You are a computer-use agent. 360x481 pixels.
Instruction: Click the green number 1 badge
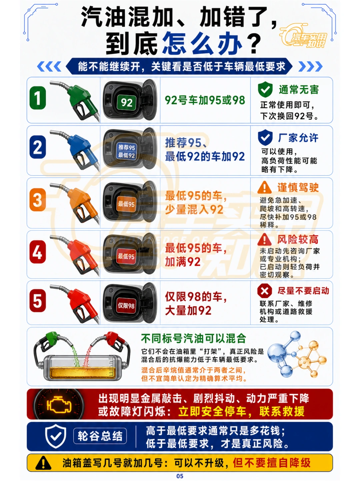click(38, 98)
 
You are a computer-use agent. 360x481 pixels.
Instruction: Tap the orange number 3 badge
click(38, 200)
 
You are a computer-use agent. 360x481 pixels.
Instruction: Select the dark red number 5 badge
click(38, 300)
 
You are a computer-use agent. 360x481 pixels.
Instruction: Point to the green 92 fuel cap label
click(127, 102)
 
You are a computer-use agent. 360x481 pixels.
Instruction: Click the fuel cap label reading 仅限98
click(126, 305)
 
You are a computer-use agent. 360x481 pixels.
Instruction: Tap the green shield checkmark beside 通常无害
click(265, 90)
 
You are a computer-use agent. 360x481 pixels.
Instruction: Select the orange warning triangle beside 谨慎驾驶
click(264, 187)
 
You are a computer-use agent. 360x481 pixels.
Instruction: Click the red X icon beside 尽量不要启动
click(264, 291)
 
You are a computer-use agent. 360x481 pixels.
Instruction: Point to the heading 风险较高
click(298, 239)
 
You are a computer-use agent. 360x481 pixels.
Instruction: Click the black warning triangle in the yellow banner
click(43, 463)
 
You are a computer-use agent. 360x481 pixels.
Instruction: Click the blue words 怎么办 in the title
click(203, 43)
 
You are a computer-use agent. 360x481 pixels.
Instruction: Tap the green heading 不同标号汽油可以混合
click(193, 339)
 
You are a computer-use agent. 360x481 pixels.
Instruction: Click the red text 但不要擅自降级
click(271, 463)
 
